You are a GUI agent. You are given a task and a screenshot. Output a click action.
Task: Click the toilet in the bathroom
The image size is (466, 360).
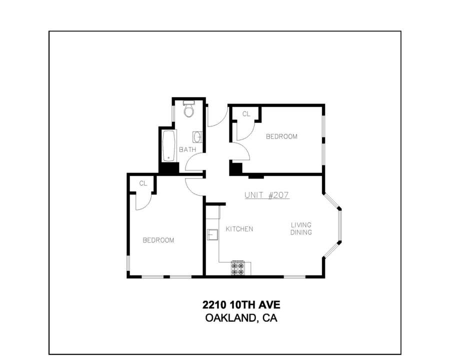[x=188, y=109]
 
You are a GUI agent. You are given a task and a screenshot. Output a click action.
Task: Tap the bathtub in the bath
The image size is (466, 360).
[x=169, y=145]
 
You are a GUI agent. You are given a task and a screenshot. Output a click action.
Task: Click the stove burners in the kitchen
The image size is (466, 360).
[x=238, y=268]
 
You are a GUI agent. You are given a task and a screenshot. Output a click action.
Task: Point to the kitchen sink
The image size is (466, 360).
[x=212, y=234]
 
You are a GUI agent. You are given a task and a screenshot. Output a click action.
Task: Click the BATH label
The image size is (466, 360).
[x=187, y=149]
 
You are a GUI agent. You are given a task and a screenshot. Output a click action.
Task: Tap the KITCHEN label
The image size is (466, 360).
[x=239, y=229]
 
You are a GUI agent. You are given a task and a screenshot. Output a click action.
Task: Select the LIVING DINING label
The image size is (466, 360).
[x=301, y=228]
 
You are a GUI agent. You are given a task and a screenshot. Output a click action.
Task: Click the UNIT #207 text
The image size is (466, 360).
[x=267, y=195]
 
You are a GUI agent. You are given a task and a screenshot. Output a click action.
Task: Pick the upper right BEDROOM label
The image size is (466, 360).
[x=281, y=136]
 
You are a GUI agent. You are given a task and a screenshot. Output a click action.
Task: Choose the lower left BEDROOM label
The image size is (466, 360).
[x=158, y=240]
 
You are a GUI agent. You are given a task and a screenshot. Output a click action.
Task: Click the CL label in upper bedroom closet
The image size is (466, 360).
[x=246, y=114]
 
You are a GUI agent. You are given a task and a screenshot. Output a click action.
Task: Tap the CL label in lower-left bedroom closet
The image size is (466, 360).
[x=143, y=183]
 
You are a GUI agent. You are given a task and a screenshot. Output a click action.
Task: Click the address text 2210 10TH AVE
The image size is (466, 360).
[x=241, y=305]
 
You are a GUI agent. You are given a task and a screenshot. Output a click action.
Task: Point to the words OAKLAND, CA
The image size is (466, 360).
[x=241, y=318]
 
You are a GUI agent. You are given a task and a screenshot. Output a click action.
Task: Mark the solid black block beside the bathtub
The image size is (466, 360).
[x=169, y=168]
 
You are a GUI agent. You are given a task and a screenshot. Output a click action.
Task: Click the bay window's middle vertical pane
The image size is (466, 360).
[x=340, y=226]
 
